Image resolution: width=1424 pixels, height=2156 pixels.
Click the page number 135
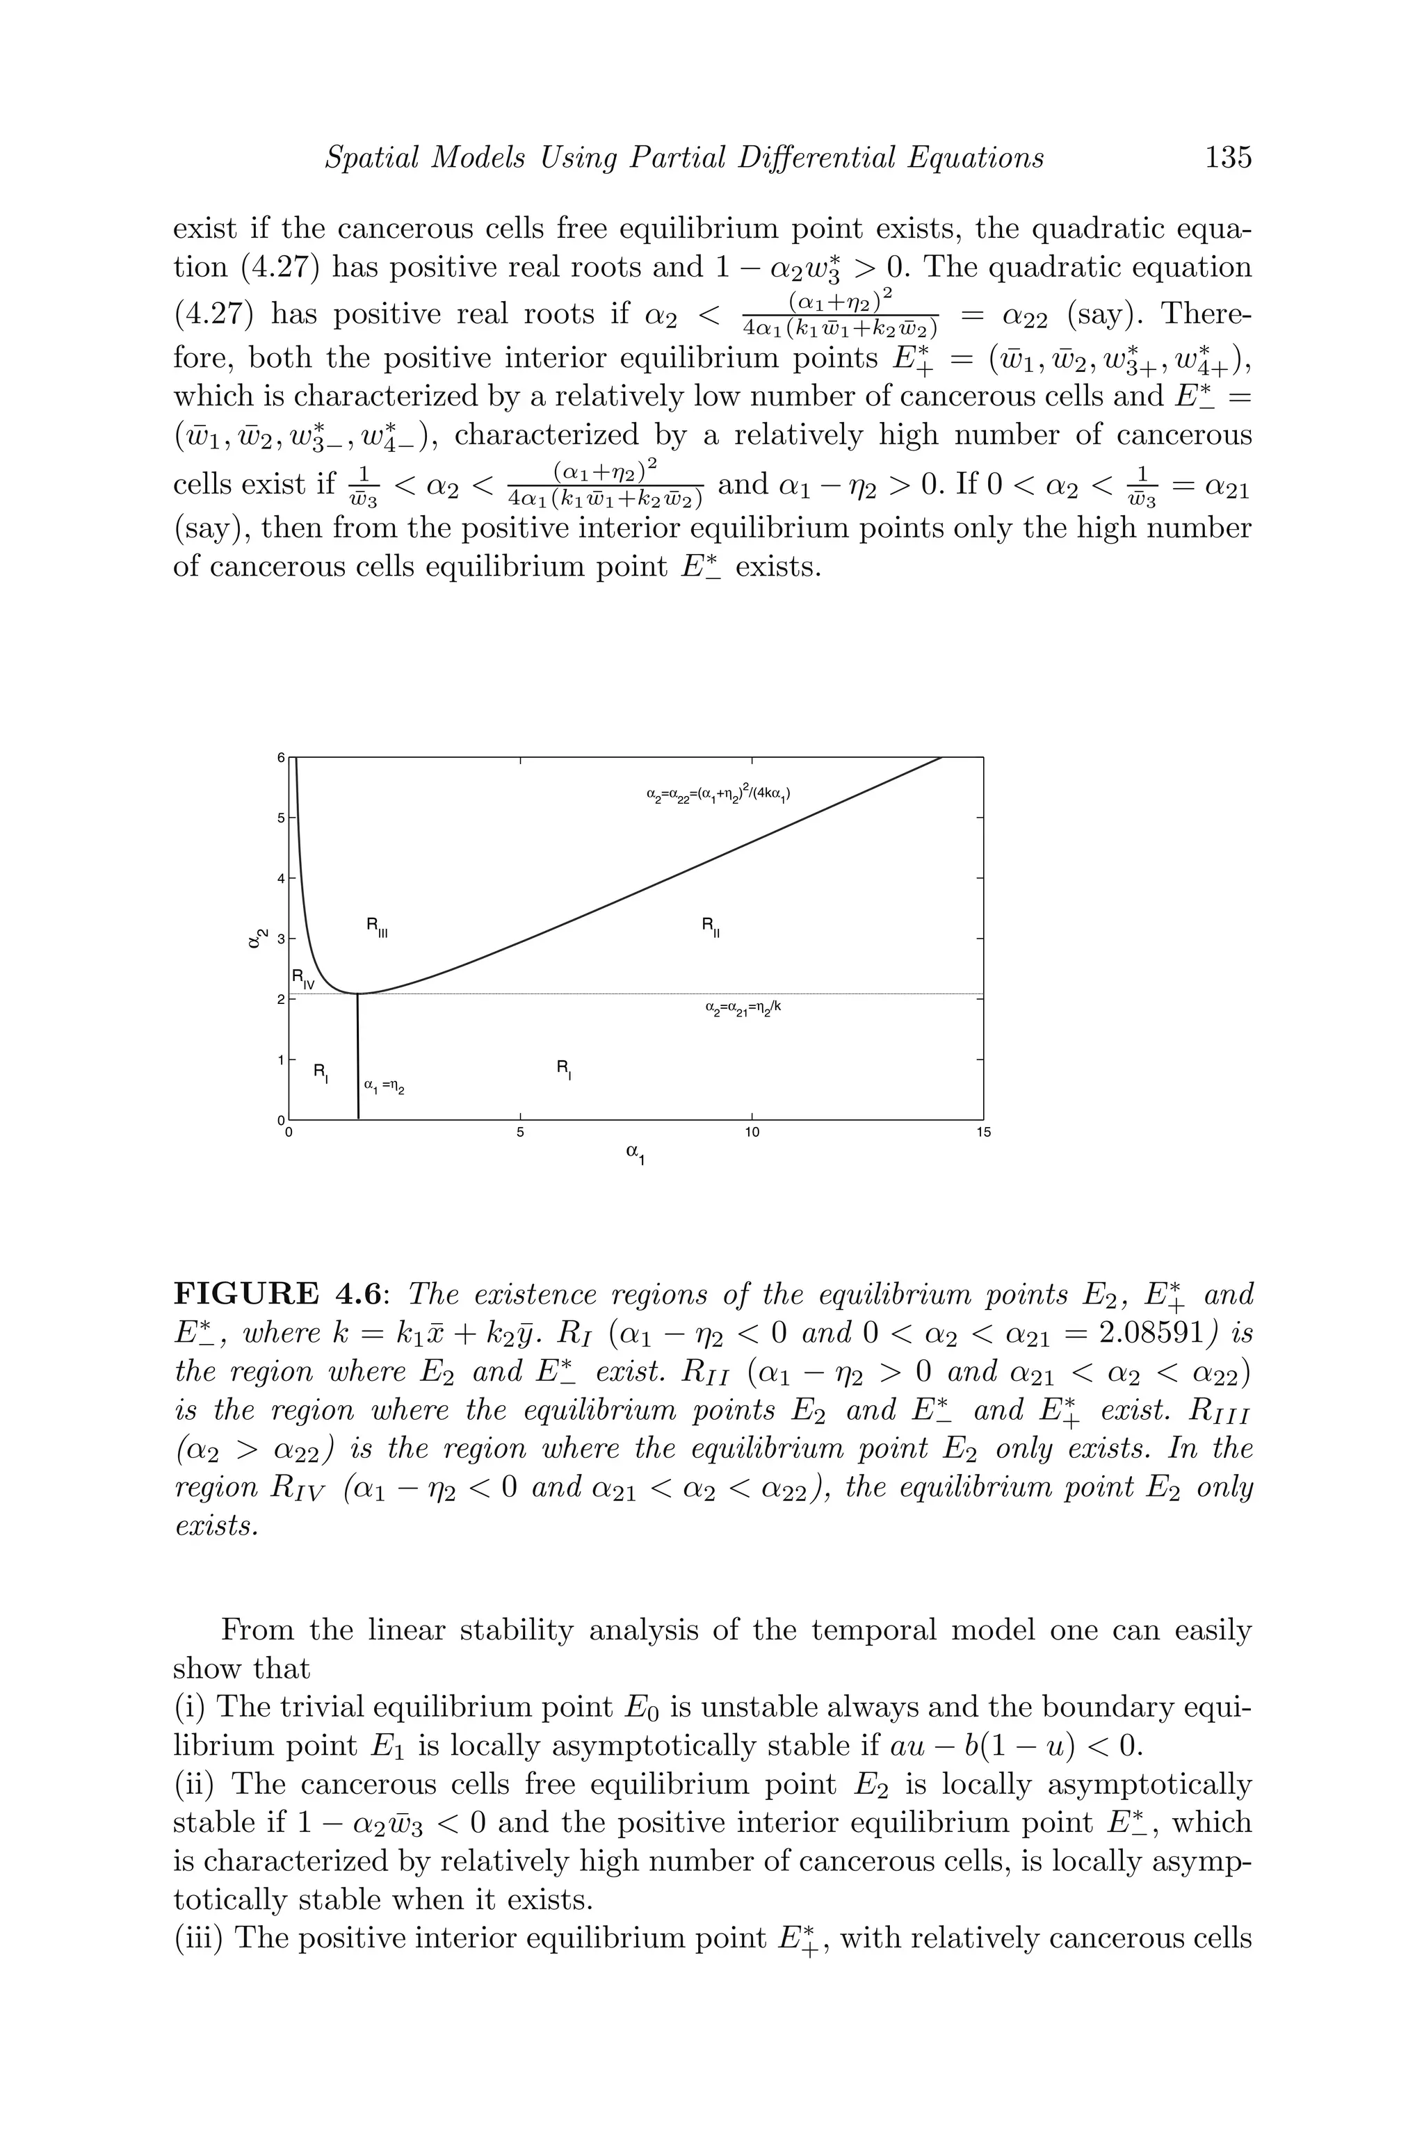tap(1227, 157)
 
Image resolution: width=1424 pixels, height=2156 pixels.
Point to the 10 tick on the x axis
tap(751, 1133)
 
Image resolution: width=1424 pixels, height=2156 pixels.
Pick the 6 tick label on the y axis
tap(281, 756)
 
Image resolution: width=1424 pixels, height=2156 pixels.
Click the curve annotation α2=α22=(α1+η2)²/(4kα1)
tap(718, 794)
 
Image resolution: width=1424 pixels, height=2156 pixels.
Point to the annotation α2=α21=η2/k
tap(742, 1008)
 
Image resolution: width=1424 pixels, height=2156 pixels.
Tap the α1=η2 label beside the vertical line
tap(383, 1085)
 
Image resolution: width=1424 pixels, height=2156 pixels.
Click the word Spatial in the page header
tap(371, 158)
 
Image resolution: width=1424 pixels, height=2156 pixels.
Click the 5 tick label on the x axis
tap(520, 1133)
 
